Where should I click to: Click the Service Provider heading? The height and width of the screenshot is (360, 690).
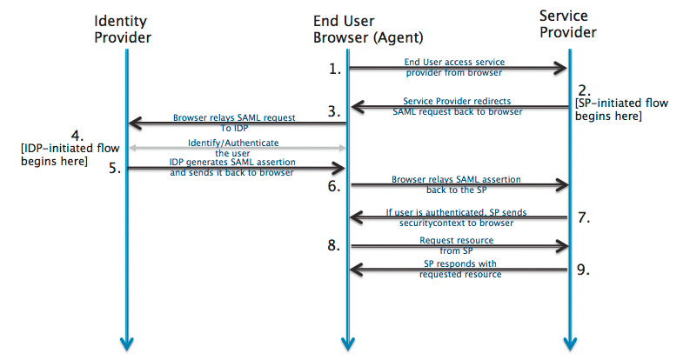[568, 23]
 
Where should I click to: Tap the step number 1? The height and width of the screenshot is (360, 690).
[335, 69]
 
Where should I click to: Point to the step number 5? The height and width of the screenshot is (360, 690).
[113, 169]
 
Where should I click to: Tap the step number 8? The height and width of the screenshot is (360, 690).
[335, 246]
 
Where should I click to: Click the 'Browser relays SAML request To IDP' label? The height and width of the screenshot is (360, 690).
[235, 121]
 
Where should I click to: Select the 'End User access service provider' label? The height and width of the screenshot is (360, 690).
[454, 68]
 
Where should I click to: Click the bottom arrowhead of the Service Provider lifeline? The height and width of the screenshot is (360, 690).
[568, 344]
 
